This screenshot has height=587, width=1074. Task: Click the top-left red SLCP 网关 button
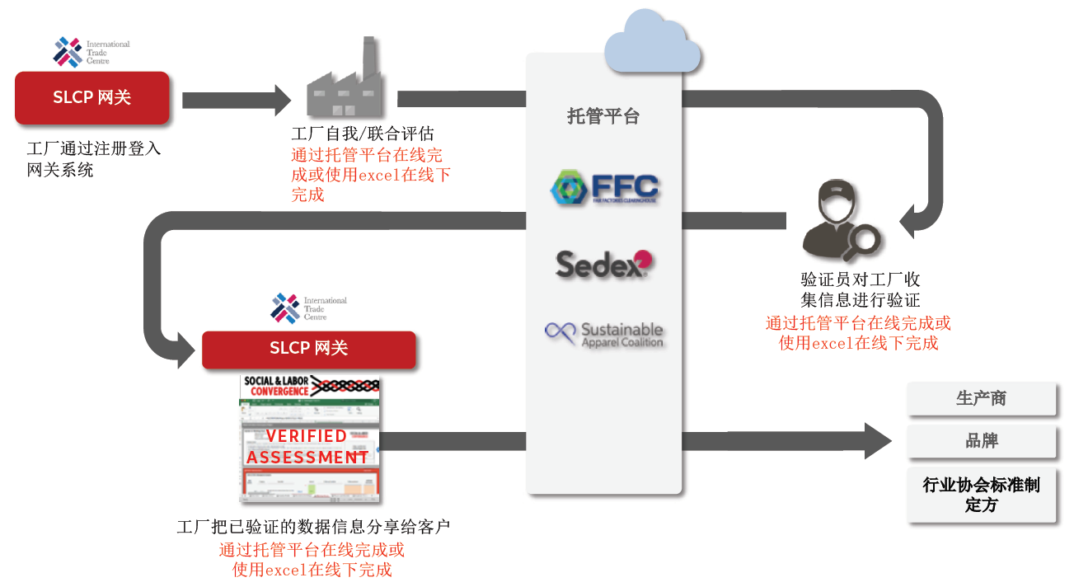92,97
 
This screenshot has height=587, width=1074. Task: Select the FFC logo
604,188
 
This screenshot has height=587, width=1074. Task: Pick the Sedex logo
604,264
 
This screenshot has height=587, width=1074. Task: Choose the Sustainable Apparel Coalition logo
604,334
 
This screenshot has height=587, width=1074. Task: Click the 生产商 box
981,399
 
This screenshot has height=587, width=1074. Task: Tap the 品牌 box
981,441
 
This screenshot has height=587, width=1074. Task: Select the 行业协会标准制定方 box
981,495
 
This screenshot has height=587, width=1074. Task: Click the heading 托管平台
603,116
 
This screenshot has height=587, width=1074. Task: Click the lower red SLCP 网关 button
308,349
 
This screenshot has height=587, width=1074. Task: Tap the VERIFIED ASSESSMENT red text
307,446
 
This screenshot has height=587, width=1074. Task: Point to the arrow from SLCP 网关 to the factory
236,101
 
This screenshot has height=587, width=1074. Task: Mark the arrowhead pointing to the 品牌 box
877,441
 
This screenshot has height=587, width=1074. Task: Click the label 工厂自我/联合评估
363,134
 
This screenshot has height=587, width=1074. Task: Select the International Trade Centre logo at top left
91,51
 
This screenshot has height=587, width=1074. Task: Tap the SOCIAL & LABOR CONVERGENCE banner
310,386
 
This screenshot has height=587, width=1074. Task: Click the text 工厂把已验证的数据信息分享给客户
313,527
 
